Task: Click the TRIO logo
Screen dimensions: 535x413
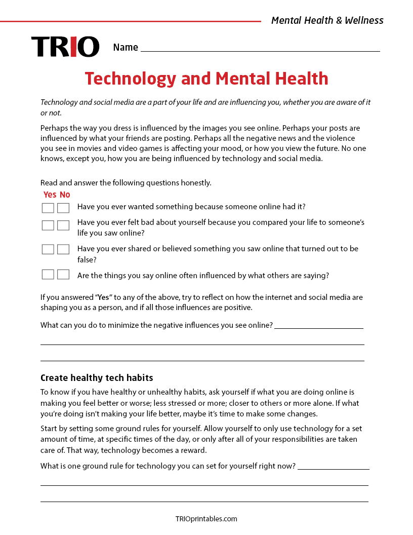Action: (65, 47)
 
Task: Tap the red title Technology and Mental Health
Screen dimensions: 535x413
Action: (206, 79)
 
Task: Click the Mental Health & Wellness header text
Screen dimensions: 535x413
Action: (327, 21)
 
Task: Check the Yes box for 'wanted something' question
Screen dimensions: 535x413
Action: (48, 208)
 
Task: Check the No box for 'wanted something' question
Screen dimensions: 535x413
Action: (63, 208)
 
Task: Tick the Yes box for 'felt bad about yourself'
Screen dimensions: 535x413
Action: (48, 225)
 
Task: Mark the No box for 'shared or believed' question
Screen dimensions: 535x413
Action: (63, 249)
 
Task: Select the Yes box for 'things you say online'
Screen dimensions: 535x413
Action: (48, 275)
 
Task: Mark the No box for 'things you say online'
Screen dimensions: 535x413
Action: (63, 275)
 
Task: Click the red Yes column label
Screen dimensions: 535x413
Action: (50, 195)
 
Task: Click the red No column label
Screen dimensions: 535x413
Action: (65, 195)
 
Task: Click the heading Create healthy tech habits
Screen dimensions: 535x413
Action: (97, 378)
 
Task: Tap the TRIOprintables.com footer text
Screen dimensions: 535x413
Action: (206, 519)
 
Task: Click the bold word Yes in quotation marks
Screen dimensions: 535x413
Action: (103, 297)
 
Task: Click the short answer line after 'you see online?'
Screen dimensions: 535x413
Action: (319, 327)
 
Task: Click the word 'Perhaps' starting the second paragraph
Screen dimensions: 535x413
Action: (53, 128)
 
